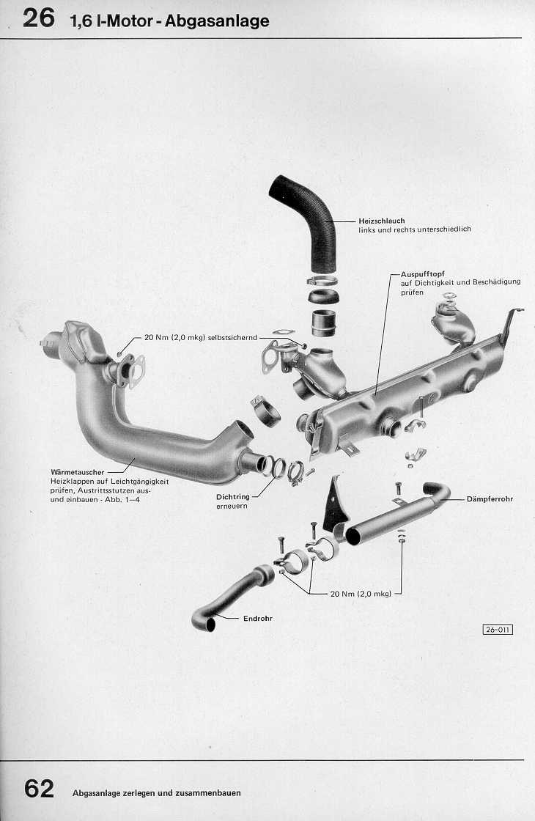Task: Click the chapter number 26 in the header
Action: click(x=38, y=18)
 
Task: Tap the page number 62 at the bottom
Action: click(x=39, y=789)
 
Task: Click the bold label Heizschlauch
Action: click(x=381, y=221)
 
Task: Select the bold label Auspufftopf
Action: click(x=423, y=274)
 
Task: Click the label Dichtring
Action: click(x=233, y=497)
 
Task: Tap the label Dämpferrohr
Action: click(x=489, y=499)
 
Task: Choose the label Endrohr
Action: click(x=257, y=619)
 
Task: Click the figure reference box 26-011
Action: click(x=497, y=629)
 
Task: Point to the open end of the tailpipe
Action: click(x=210, y=625)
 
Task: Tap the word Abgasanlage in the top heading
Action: click(x=217, y=21)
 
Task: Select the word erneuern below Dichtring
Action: click(x=230, y=507)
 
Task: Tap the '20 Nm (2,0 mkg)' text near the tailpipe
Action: click(x=361, y=594)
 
